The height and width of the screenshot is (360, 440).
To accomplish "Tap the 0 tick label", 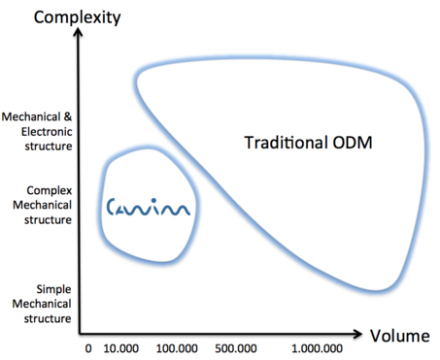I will [88, 347].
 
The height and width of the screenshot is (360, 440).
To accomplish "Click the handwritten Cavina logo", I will [149, 208].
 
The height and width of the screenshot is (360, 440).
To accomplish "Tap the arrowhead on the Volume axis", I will [361, 331].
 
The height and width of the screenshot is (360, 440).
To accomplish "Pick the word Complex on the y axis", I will [45, 190].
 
